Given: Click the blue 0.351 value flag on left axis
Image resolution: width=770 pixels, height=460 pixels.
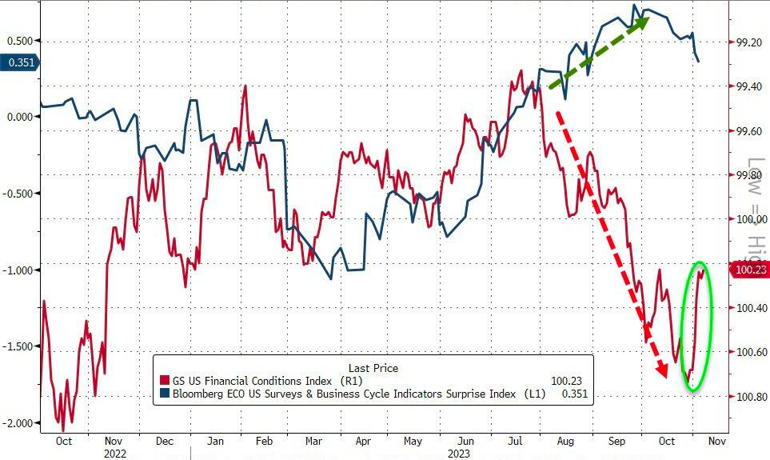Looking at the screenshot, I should [x=19, y=63].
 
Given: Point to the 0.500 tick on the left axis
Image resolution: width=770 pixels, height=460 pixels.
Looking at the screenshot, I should [x=19, y=41].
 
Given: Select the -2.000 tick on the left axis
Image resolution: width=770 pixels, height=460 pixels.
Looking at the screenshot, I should [x=18, y=422].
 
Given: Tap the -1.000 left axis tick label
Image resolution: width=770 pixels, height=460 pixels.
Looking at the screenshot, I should [x=18, y=270].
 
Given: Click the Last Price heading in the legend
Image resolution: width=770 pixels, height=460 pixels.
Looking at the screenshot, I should [x=373, y=368].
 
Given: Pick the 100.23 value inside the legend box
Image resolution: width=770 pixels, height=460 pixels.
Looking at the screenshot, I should [x=567, y=381].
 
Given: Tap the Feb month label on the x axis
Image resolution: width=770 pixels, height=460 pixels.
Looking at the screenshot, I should [x=264, y=441].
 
